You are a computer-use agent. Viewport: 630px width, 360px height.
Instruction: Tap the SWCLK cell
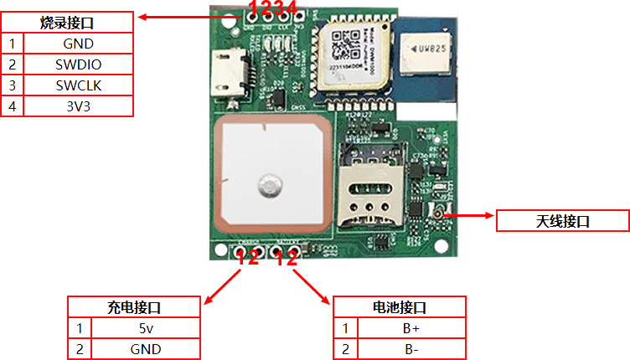click(78, 85)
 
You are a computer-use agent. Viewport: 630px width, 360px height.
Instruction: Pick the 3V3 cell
click(78, 106)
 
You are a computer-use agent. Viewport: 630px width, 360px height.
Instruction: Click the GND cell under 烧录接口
click(78, 44)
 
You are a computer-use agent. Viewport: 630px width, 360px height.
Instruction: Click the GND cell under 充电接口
click(146, 349)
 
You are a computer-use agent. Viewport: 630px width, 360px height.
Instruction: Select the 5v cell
click(146, 328)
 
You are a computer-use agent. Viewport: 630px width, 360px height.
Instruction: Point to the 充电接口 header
click(134, 307)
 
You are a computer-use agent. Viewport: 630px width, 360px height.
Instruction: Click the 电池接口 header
click(400, 307)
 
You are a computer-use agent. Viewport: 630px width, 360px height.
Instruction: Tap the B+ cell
click(411, 328)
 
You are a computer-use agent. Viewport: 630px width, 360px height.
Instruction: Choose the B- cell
click(411, 349)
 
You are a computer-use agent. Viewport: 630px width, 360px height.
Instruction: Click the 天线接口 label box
click(563, 221)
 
